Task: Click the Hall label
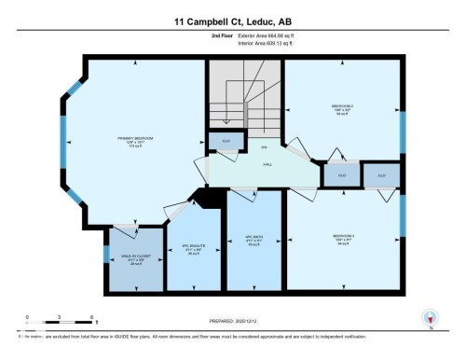click(x=267, y=165)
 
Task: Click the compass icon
click(x=431, y=319)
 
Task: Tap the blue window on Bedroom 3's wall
click(x=403, y=214)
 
